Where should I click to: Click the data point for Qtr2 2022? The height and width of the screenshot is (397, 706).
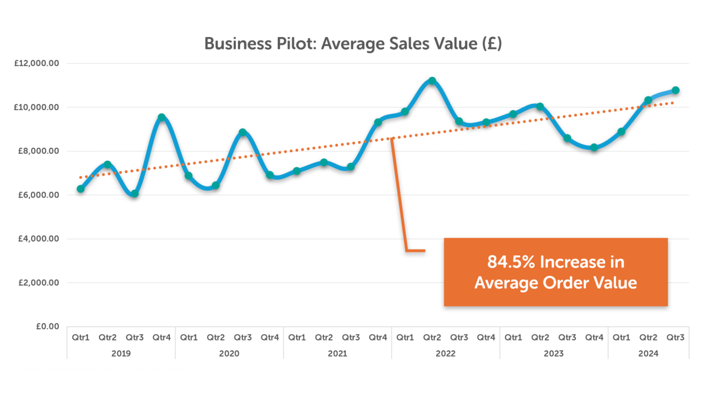(x=432, y=81)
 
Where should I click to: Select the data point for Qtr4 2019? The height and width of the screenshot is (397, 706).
(x=161, y=117)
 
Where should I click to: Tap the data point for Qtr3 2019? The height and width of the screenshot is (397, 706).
(x=135, y=193)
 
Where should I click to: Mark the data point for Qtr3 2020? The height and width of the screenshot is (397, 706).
(x=243, y=132)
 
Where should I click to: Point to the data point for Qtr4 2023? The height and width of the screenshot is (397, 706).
(x=594, y=147)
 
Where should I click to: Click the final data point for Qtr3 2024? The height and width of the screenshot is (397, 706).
(x=675, y=90)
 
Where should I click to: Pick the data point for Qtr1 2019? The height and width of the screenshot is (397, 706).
(x=81, y=189)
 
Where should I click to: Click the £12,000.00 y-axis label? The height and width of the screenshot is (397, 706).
(x=37, y=64)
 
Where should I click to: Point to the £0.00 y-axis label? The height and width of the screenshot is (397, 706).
(x=48, y=326)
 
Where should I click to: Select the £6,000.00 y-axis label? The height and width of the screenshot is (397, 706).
(x=38, y=195)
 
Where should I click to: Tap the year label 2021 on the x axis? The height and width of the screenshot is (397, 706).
(x=338, y=353)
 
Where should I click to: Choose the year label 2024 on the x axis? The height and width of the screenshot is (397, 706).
(x=648, y=353)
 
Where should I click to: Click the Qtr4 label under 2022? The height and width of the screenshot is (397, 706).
(x=486, y=337)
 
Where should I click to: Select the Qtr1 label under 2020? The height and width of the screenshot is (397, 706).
(x=189, y=337)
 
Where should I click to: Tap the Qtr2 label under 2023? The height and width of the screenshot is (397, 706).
(x=540, y=337)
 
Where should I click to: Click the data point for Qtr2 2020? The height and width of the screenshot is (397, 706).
(x=216, y=185)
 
